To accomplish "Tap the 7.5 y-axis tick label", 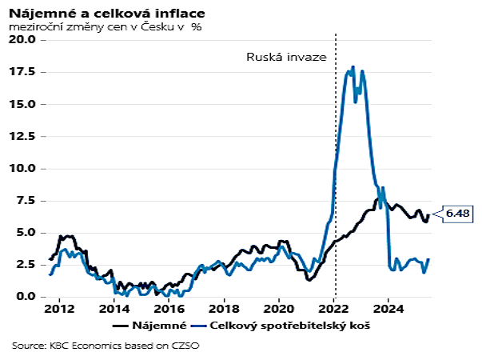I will click(x=26, y=200).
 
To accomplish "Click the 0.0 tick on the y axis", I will click(x=26, y=297).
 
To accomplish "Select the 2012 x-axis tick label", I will click(x=60, y=309).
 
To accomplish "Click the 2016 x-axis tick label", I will click(x=169, y=309).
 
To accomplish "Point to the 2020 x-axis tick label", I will click(x=279, y=309).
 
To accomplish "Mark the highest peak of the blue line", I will click(x=353, y=67).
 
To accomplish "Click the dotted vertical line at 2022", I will click(x=335, y=160).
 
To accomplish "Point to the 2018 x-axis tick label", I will click(x=225, y=309).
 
